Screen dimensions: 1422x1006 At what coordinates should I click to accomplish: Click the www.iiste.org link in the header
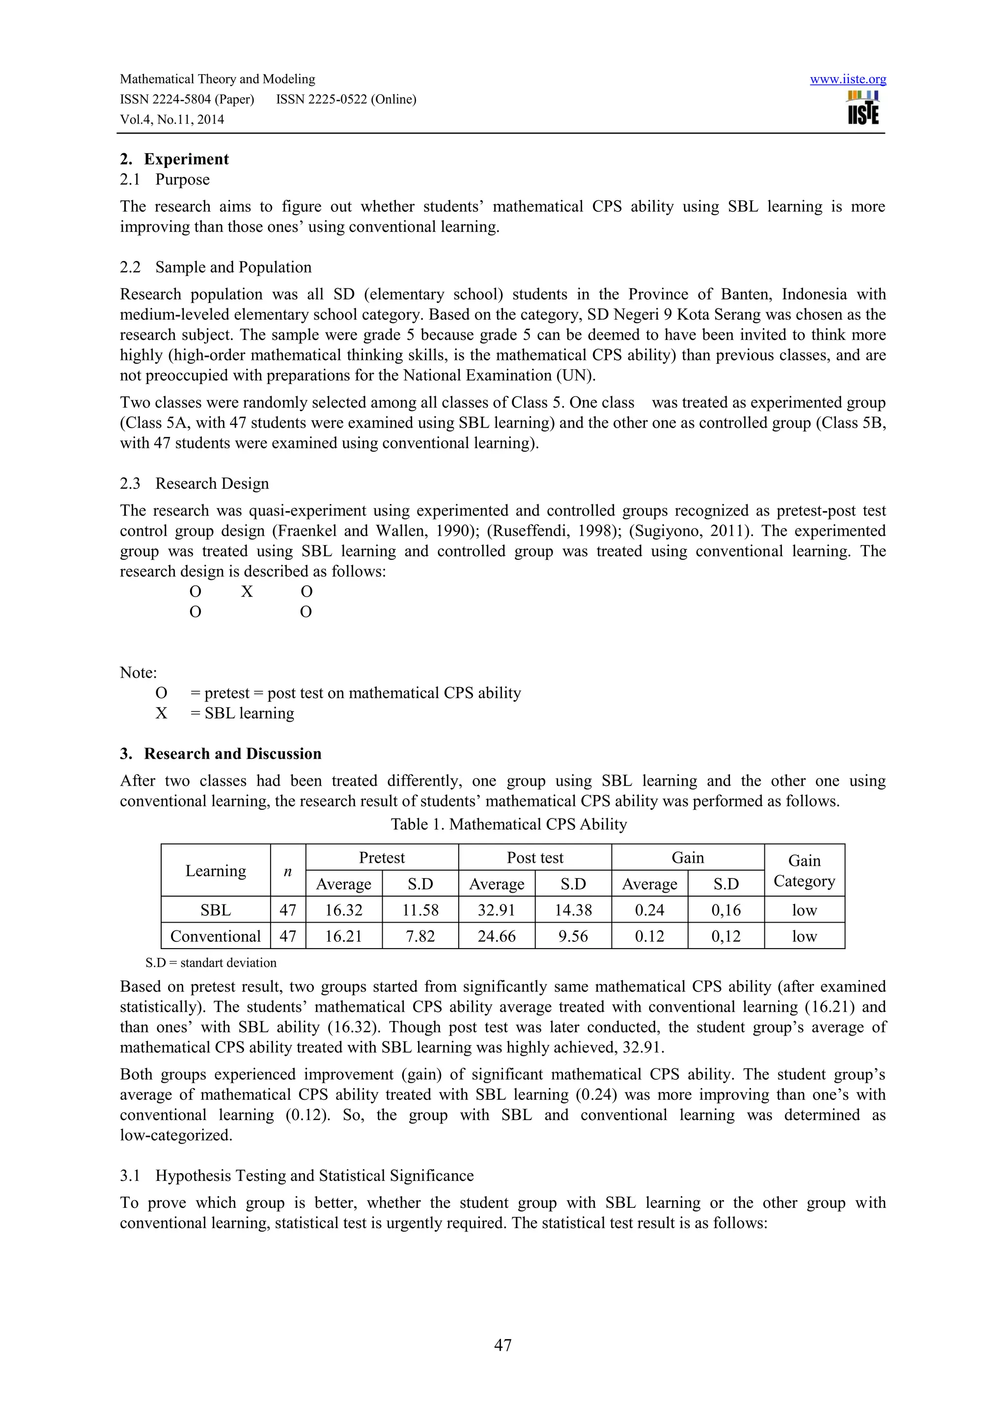pyautogui.click(x=847, y=79)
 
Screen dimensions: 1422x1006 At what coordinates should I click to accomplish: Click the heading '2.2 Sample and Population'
pyautogui.click(x=216, y=267)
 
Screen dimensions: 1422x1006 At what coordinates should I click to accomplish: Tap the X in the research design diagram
pyautogui.click(x=247, y=592)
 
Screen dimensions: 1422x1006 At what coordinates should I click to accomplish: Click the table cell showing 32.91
pyautogui.click(x=496, y=910)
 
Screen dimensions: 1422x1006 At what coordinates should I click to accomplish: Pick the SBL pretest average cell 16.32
pyautogui.click(x=343, y=910)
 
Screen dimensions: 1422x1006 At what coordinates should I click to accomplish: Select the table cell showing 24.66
pyautogui.click(x=496, y=936)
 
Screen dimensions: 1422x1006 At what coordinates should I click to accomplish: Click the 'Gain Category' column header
pyautogui.click(x=804, y=870)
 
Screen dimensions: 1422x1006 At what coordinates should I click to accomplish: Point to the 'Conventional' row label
pyautogui.click(x=216, y=936)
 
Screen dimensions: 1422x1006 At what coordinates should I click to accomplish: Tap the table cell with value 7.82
pyautogui.click(x=420, y=936)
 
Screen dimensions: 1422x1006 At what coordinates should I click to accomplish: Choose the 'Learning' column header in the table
pyautogui.click(x=216, y=870)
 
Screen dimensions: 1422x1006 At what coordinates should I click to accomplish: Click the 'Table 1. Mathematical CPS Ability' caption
pyautogui.click(x=508, y=824)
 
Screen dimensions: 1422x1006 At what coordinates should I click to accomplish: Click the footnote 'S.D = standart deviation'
pyautogui.click(x=211, y=962)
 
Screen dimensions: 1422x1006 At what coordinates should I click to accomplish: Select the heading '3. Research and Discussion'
pyautogui.click(x=221, y=754)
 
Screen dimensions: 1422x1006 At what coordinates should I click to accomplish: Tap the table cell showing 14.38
pyautogui.click(x=573, y=910)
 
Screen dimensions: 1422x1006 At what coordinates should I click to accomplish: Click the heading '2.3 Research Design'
pyautogui.click(x=195, y=483)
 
